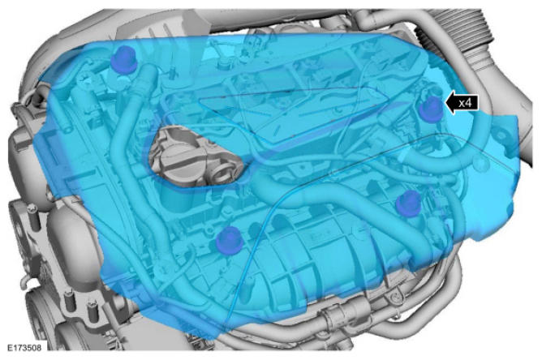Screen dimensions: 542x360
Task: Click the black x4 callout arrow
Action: coord(461,103)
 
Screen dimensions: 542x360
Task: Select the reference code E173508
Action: coord(24,347)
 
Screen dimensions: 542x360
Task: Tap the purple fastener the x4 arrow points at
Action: coord(430,109)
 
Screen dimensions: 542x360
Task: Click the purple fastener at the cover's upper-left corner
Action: coord(124,60)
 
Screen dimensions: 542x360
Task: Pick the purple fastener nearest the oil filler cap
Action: coord(228,240)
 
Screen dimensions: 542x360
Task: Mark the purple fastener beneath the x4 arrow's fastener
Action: coord(409,204)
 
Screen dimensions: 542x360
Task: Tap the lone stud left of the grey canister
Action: coord(32,216)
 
